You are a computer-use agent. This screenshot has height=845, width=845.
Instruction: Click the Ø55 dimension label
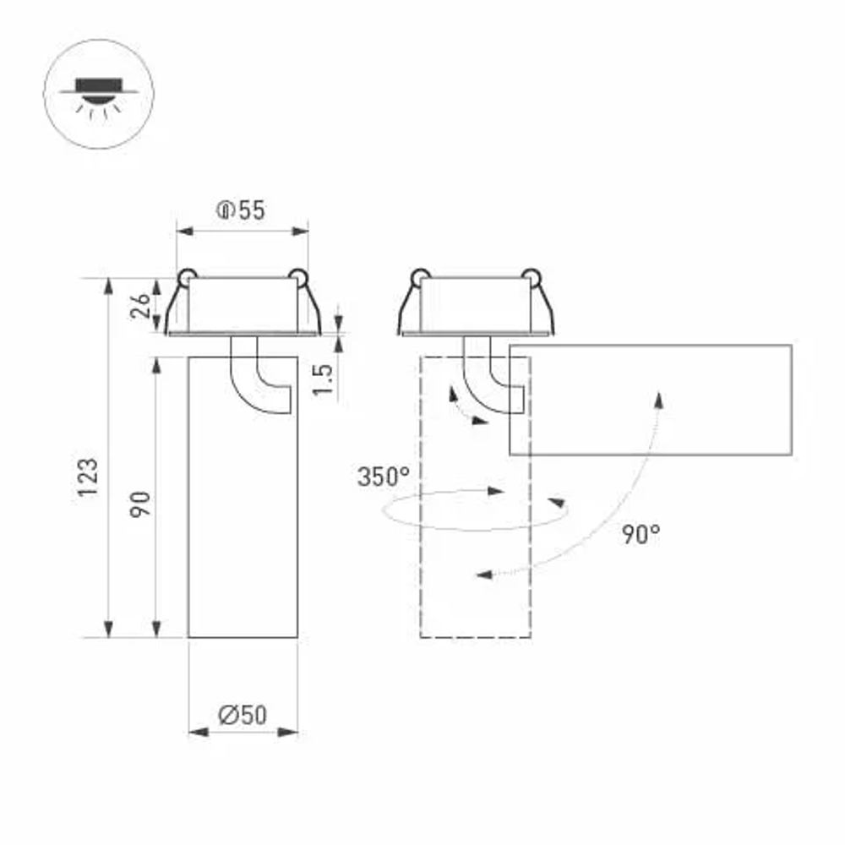pyautogui.click(x=241, y=210)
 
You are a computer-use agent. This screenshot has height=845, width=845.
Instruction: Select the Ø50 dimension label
pyautogui.click(x=242, y=716)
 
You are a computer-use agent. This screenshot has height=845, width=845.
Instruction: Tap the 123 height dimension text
pyautogui.click(x=89, y=477)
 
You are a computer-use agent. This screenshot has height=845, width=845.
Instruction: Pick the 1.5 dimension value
pyautogui.click(x=324, y=381)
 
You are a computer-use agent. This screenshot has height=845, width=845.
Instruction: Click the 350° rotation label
pyautogui.click(x=383, y=477)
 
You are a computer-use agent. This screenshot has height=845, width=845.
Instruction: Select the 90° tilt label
pyautogui.click(x=641, y=534)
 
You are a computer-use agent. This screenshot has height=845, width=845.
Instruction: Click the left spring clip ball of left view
pyautogui.click(x=186, y=275)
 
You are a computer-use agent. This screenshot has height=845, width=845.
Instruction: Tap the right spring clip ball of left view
pyautogui.click(x=297, y=275)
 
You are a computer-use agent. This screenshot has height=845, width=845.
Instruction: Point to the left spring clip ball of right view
pyautogui.click(x=419, y=275)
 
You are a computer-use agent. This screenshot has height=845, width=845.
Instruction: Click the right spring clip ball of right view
pyautogui.click(x=531, y=275)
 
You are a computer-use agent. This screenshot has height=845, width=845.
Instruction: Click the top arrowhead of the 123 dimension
pyautogui.click(x=108, y=286)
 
